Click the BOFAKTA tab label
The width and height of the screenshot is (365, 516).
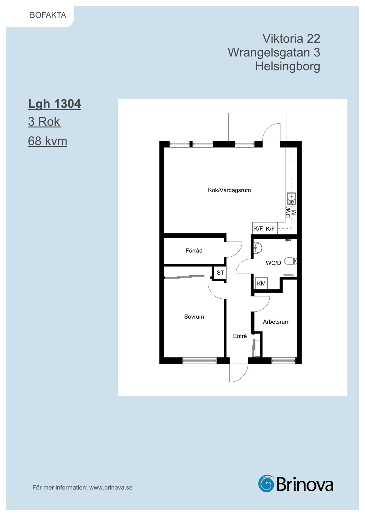pos(48,15)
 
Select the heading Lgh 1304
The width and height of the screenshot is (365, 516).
pos(54,104)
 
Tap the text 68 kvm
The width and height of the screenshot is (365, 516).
pos(47,141)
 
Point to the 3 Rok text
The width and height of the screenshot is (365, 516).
pos(44,121)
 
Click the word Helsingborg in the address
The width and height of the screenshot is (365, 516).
pos(288,66)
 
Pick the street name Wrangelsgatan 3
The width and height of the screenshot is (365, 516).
pos(274,52)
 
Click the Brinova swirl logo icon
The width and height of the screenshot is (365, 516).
pos(266,483)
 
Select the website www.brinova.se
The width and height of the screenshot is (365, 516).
pos(111,487)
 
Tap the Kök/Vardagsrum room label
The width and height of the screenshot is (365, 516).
pos(229,190)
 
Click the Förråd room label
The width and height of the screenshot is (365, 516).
pos(194,250)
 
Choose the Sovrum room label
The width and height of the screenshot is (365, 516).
pos(194,317)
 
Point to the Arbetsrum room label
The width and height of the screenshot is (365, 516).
pos(276,322)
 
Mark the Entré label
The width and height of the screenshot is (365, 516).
pos(240,336)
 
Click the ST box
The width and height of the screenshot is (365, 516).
pos(220,273)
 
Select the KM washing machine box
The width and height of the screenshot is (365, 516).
pos(261,283)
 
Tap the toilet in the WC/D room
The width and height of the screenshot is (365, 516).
pos(291,261)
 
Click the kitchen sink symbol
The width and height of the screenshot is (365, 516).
pos(291,199)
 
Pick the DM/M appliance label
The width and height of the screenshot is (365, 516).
pos(291,212)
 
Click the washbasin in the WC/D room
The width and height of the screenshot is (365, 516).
pos(258,248)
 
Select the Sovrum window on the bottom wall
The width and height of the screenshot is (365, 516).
pos(200,360)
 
